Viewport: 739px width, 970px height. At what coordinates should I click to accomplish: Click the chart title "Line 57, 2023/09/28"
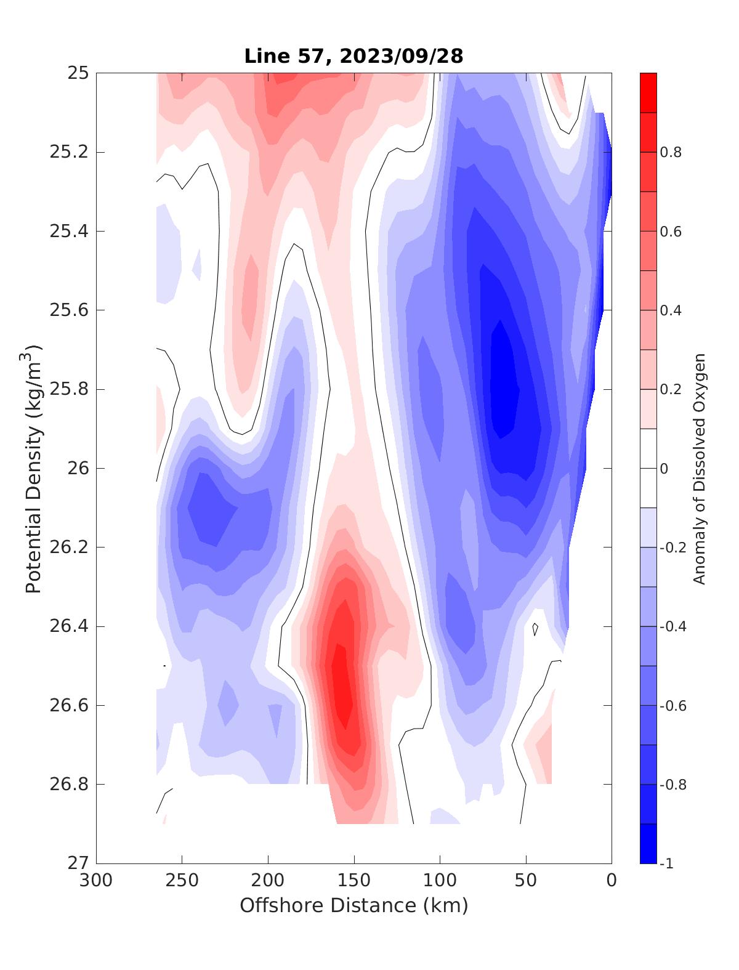click(x=353, y=57)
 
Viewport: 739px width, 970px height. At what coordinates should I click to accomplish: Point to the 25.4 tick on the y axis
click(x=68, y=232)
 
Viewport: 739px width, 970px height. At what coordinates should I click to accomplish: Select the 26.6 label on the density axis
click(x=68, y=706)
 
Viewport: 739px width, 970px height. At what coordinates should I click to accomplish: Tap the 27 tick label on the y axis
click(x=79, y=863)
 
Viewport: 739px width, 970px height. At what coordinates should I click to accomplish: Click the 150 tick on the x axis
click(x=353, y=881)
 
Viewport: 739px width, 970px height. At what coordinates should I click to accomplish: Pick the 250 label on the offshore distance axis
click(x=182, y=881)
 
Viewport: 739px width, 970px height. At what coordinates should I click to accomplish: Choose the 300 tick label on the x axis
click(x=96, y=881)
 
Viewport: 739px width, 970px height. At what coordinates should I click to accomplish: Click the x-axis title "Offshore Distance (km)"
click(x=353, y=906)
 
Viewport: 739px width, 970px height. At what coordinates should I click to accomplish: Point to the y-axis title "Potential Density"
click(x=34, y=468)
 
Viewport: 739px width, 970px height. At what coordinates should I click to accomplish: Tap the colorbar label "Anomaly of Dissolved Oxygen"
click(x=699, y=468)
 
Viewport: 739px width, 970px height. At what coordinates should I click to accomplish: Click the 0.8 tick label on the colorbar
click(x=671, y=152)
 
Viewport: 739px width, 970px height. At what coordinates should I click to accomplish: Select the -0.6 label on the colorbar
click(x=673, y=706)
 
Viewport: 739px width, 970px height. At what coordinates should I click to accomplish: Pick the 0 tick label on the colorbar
click(x=664, y=469)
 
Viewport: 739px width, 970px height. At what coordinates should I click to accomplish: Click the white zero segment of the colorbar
click(x=648, y=468)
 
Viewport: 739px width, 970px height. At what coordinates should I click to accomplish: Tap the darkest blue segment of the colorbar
click(x=648, y=844)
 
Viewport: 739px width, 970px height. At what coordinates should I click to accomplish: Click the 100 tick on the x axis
click(x=440, y=881)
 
